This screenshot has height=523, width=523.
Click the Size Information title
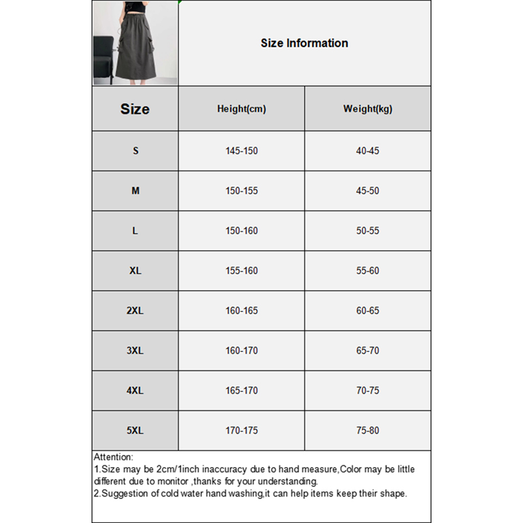(304, 43)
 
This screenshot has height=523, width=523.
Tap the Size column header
(135, 109)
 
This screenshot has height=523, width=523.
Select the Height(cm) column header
(242, 109)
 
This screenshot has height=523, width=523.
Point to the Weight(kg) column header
(368, 109)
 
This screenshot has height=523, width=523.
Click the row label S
(135, 151)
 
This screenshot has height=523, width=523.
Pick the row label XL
(135, 271)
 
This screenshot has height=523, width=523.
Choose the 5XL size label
(135, 430)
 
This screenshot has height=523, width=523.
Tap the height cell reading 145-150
(242, 151)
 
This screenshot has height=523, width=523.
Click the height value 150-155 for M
(242, 191)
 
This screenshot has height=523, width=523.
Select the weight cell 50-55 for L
(368, 231)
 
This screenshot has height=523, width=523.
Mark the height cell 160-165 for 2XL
(242, 311)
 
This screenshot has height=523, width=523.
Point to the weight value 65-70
(368, 350)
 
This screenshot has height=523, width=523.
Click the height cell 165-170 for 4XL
(242, 390)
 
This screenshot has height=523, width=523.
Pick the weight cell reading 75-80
(368, 430)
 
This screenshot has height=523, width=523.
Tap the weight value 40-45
(368, 151)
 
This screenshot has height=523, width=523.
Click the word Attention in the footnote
(113, 457)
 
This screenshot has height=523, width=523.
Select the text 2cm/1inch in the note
(178, 469)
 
